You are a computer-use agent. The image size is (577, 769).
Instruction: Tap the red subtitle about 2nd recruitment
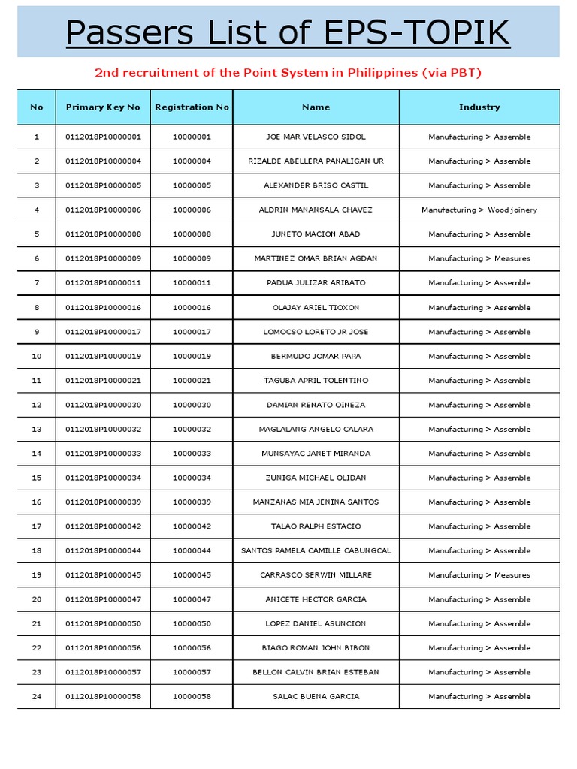pyautogui.click(x=288, y=73)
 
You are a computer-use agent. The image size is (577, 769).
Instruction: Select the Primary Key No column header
pyautogui.click(x=103, y=107)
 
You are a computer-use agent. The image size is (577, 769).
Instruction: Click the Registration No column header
pyautogui.click(x=192, y=107)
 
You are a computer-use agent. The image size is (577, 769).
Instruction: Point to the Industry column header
pyautogui.click(x=479, y=107)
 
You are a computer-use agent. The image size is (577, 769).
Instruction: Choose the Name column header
pyautogui.click(x=316, y=107)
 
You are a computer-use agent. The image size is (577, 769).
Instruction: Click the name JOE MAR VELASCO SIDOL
pyautogui.click(x=316, y=137)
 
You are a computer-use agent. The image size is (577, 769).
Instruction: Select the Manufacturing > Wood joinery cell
pyautogui.click(x=479, y=210)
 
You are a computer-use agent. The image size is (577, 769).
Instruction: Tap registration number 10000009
pyautogui.click(x=192, y=258)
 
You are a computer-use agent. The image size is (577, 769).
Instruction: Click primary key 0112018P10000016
pyautogui.click(x=103, y=308)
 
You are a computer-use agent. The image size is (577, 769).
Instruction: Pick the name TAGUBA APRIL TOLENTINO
pyautogui.click(x=316, y=381)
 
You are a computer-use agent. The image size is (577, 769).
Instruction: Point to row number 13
pyautogui.click(x=37, y=430)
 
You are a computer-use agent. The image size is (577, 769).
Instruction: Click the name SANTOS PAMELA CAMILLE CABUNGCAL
pyautogui.click(x=316, y=551)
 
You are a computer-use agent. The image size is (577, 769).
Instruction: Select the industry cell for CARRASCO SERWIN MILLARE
pyautogui.click(x=479, y=575)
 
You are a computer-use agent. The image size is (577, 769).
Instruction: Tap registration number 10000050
pyautogui.click(x=192, y=624)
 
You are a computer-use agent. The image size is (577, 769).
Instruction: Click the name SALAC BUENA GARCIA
pyautogui.click(x=316, y=697)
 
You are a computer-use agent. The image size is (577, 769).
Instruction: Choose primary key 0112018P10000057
pyautogui.click(x=103, y=672)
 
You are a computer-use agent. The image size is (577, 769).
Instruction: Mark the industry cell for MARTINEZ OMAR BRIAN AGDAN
pyautogui.click(x=479, y=258)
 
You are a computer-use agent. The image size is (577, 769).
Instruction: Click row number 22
pyautogui.click(x=37, y=648)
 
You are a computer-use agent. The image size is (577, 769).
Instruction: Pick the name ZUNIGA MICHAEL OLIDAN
pyautogui.click(x=316, y=478)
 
